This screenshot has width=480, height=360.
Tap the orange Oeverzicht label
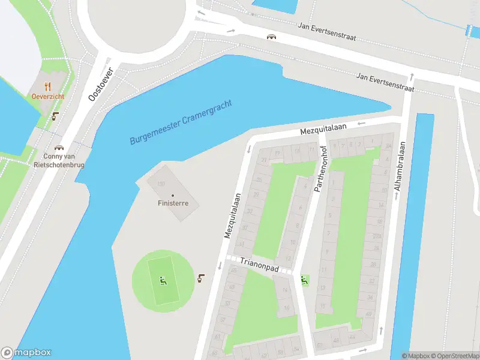(x=48, y=96)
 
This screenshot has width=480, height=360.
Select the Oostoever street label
(x=100, y=83)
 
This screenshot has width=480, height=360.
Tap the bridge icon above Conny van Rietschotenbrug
(x=59, y=147)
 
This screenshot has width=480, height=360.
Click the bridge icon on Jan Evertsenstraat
(x=272, y=37)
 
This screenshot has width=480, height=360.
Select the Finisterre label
(x=173, y=203)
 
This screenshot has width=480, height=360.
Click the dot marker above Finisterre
(x=173, y=196)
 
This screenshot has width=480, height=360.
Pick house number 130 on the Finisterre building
(x=160, y=184)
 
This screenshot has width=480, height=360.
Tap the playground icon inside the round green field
(x=163, y=280)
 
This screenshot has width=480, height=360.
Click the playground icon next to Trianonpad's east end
(x=304, y=279)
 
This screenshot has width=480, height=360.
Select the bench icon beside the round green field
(x=201, y=278)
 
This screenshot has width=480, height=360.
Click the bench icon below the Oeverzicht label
(x=56, y=116)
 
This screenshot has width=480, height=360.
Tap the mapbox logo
(x=26, y=353)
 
